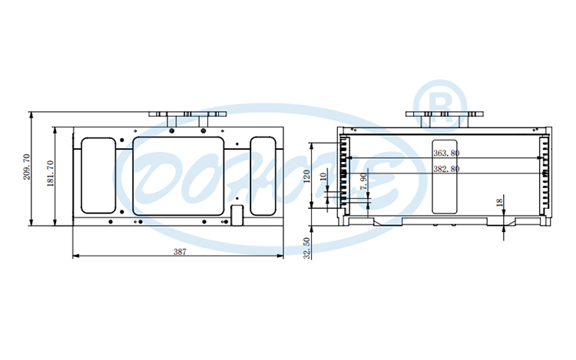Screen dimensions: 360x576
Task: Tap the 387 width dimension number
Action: pos(179,251)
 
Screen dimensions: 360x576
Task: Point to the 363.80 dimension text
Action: pos(446,154)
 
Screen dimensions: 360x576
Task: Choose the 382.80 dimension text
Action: pos(446,169)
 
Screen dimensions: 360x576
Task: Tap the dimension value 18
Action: pos(499,203)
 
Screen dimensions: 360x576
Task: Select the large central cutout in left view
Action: pos(180,175)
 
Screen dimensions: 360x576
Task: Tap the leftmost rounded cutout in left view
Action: pos(97,175)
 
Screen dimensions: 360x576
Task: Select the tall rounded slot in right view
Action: pos(445,176)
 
